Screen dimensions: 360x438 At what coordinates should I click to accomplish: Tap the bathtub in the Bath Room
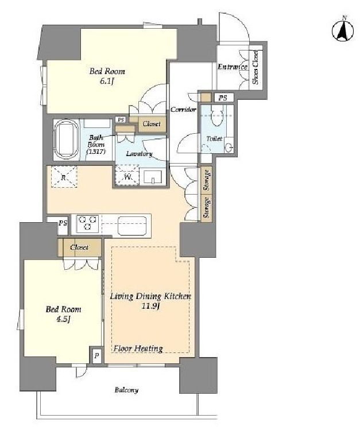coord(67,139)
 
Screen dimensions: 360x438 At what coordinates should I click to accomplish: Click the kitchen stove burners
coord(88,223)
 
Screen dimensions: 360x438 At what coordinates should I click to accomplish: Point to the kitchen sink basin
coord(132,226)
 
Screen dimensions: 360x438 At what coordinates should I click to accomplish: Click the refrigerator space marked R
coord(64,177)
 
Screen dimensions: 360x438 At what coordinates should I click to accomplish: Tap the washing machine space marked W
coord(127,176)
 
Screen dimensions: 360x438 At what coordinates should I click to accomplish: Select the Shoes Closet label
coord(256,67)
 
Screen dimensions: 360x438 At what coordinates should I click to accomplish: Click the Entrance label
coord(233,67)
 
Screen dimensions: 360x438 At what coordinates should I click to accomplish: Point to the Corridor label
coord(184,110)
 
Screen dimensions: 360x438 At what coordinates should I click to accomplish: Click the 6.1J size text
coord(107,82)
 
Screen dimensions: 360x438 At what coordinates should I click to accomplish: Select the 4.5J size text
coord(63,319)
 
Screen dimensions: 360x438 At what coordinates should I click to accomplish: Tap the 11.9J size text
coord(150,306)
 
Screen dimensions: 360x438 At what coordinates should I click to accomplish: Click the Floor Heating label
coord(138,348)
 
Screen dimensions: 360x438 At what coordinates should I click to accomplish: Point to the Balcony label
coord(126,390)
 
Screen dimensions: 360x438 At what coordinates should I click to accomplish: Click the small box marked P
coord(96,356)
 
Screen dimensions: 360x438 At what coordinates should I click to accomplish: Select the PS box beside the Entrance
coord(223,98)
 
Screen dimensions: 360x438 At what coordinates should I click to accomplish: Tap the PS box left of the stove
coord(63,223)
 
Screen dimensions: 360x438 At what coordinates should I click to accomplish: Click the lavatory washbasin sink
coord(153,177)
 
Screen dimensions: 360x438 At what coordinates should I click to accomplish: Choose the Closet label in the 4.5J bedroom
coord(80,247)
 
